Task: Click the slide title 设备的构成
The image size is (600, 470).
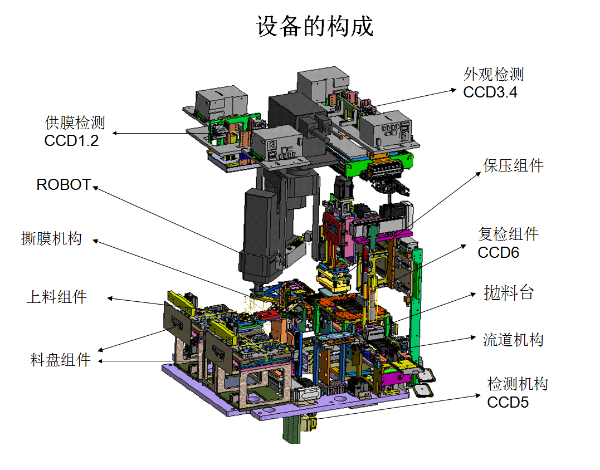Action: tap(315, 26)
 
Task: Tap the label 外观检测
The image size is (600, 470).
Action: tap(494, 75)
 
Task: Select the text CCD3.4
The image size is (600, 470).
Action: tap(490, 92)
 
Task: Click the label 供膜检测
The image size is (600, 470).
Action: tap(75, 123)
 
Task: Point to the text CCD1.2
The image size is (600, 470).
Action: tap(71, 140)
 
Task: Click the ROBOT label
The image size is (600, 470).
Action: tap(64, 185)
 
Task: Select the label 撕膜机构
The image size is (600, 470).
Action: tap(51, 239)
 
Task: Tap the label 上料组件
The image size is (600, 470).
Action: tap(57, 296)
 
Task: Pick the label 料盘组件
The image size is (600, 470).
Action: tap(60, 360)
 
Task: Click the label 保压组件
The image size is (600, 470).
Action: tap(513, 165)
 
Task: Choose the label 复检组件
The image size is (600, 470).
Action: tap(508, 234)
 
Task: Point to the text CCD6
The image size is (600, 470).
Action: tap(498, 252)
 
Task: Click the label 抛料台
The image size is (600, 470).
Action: tap(509, 292)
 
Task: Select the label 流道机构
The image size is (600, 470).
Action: tap(513, 339)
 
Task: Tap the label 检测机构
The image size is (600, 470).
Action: tap(518, 384)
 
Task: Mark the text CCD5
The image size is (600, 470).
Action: tap(508, 402)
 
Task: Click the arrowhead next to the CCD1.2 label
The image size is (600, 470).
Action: tap(115, 133)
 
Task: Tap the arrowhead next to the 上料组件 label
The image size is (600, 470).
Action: tap(110, 298)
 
